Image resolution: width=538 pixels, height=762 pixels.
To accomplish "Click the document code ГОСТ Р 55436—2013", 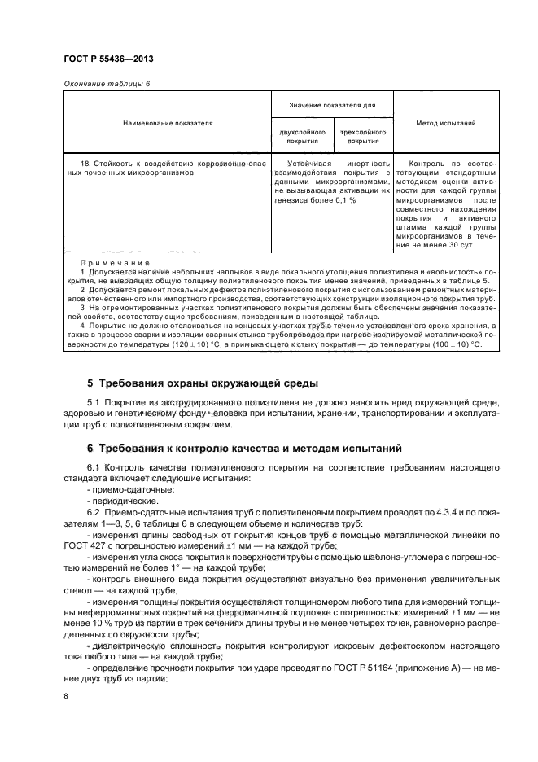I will pyautogui.click(x=108, y=61).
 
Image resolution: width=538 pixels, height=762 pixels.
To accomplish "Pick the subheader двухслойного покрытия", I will pyautogui.click(x=302, y=136).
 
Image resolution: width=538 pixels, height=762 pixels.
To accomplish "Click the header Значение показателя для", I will pyautogui.click(x=332, y=105).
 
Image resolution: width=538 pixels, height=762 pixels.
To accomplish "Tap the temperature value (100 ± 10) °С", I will pyautogui.click(x=452, y=344).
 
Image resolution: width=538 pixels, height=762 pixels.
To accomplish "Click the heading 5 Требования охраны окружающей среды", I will pyautogui.click(x=203, y=383).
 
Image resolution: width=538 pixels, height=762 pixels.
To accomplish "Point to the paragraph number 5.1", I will pyautogui.click(x=94, y=403).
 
